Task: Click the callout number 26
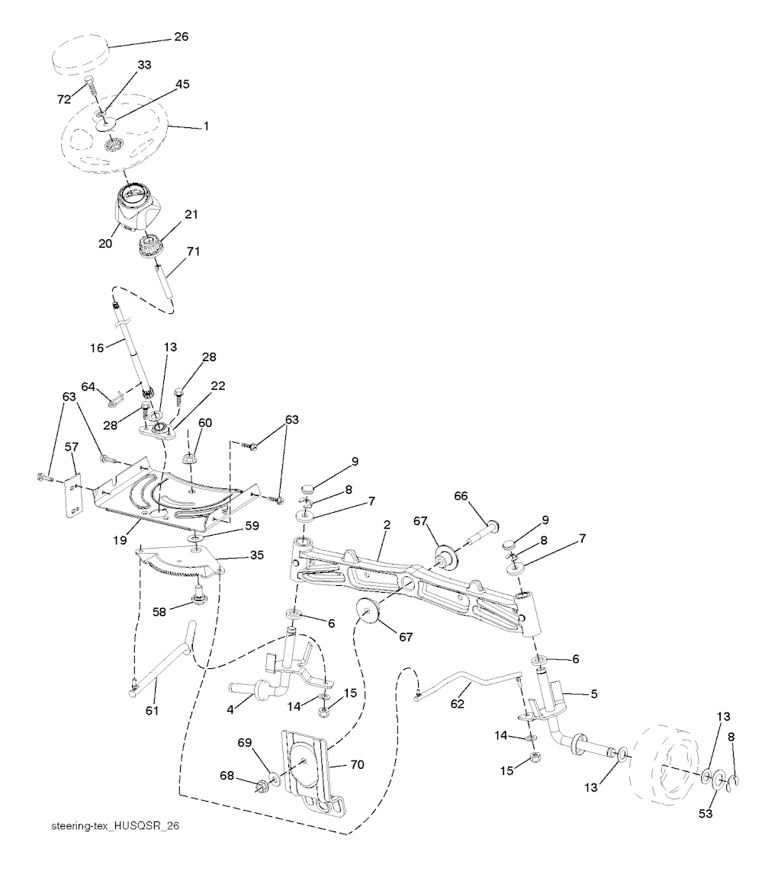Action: pos(182,37)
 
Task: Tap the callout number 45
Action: pos(182,84)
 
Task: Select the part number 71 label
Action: pos(193,251)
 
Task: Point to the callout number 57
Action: pos(72,447)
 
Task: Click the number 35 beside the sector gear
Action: pos(256,555)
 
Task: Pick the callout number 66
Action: pos(461,496)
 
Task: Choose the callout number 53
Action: pos(705,813)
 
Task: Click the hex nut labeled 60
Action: pos(188,458)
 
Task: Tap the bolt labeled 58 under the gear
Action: pos(198,595)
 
